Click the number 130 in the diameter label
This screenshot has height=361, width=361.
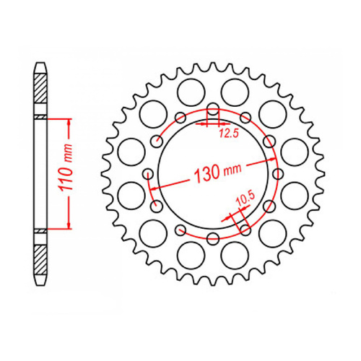pyautogui.click(x=207, y=173)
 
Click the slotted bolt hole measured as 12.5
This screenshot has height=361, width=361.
pyautogui.click(x=213, y=112)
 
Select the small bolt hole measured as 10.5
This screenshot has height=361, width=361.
pyautogui.click(x=245, y=229)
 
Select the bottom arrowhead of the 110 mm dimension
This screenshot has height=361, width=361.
pyautogui.click(x=69, y=227)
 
